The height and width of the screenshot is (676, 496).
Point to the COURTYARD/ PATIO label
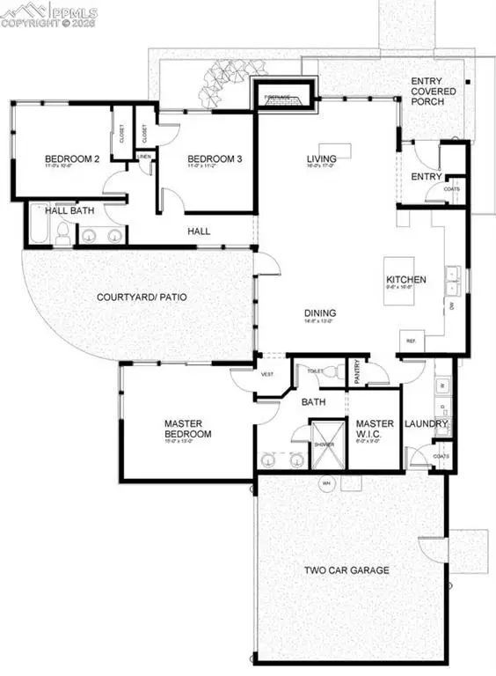point(141,297)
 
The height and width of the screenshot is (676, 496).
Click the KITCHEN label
point(406,281)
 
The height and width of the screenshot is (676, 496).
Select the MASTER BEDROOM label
point(188,429)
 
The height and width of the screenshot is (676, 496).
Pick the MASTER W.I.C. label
point(375,428)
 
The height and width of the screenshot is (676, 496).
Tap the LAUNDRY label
point(427,423)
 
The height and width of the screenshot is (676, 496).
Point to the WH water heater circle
point(325,483)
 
